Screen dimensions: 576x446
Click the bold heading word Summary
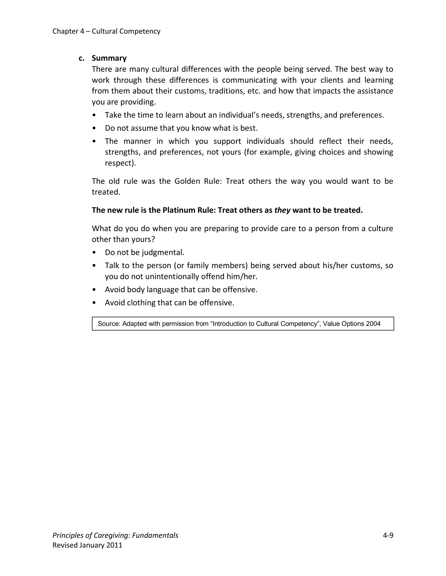click(109, 58)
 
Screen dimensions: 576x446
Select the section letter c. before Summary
click(82, 58)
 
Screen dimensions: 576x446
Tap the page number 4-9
click(388, 535)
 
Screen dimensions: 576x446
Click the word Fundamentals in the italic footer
click(155, 535)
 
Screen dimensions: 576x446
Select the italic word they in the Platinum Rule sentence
click(282, 210)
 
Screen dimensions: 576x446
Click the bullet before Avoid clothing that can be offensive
click(94, 303)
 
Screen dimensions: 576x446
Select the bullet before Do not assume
click(94, 128)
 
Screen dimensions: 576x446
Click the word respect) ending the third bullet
click(120, 163)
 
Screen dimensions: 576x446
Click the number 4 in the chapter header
click(82, 31)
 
